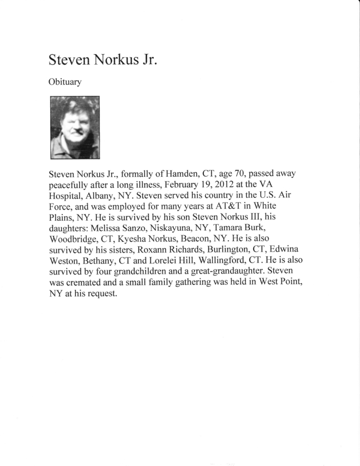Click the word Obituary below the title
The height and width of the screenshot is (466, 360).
coord(65,82)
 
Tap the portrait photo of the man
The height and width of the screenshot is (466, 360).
coord(74,127)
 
